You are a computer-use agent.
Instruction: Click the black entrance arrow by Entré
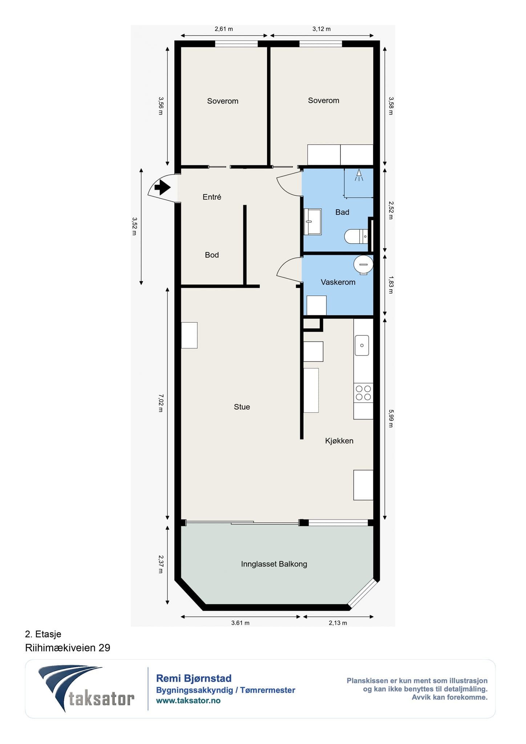(x=162, y=188)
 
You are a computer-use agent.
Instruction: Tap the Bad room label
(x=342, y=212)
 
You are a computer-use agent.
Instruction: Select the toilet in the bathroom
(x=356, y=236)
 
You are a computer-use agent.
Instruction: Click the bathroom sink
(x=312, y=222)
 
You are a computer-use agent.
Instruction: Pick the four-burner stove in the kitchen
(x=363, y=393)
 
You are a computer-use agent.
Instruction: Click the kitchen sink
(x=362, y=345)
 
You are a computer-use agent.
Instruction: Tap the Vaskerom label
(x=338, y=282)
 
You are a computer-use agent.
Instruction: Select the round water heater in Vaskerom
(x=363, y=264)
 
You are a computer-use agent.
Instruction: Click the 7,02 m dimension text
(x=161, y=403)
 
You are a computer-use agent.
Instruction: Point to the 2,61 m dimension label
(x=224, y=29)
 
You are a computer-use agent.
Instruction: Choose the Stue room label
(x=242, y=407)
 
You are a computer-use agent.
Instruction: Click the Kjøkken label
(x=339, y=441)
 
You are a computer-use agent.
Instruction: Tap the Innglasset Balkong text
(x=274, y=564)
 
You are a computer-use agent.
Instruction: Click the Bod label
(x=212, y=255)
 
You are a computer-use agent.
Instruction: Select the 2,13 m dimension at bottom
(x=338, y=623)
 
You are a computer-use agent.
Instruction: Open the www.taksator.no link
(x=188, y=701)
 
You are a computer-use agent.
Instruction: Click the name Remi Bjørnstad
(x=194, y=678)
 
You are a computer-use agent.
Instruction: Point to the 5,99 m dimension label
(x=391, y=418)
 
